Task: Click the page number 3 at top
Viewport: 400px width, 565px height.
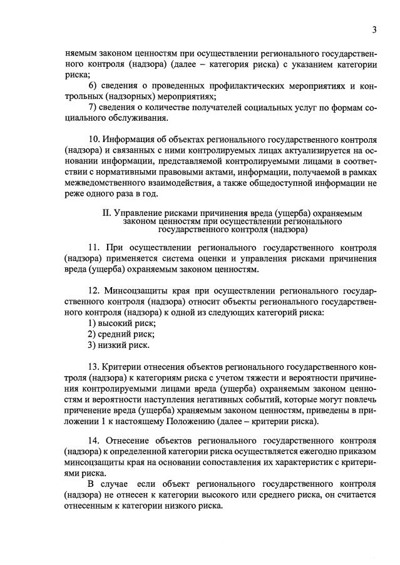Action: pyautogui.click(x=374, y=29)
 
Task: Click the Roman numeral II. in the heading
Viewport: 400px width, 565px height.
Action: pyautogui.click(x=106, y=213)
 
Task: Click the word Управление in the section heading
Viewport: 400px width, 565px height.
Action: pyautogui.click(x=138, y=213)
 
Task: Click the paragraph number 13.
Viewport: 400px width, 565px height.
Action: pyautogui.click(x=94, y=367)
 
